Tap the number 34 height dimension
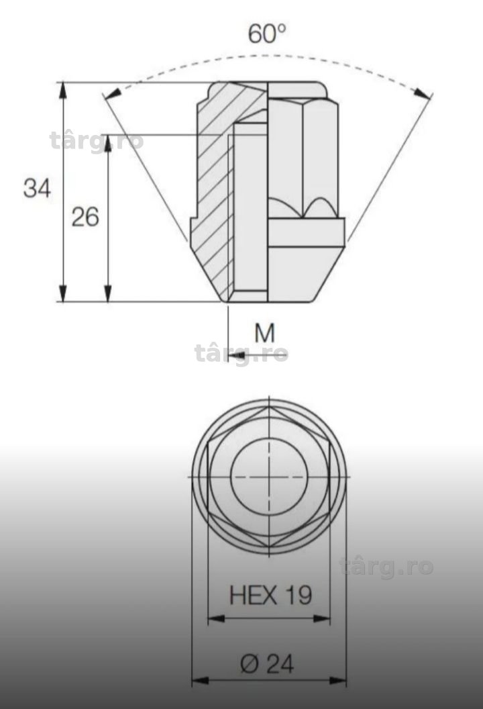pos(37,188)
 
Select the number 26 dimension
pos(85,217)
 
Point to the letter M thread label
pos(265,333)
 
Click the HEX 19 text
pos(270,595)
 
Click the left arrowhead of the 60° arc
pos(112,93)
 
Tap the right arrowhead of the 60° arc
pos(423,93)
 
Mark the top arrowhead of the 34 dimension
pos(63,90)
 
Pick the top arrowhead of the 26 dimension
pos(107,142)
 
